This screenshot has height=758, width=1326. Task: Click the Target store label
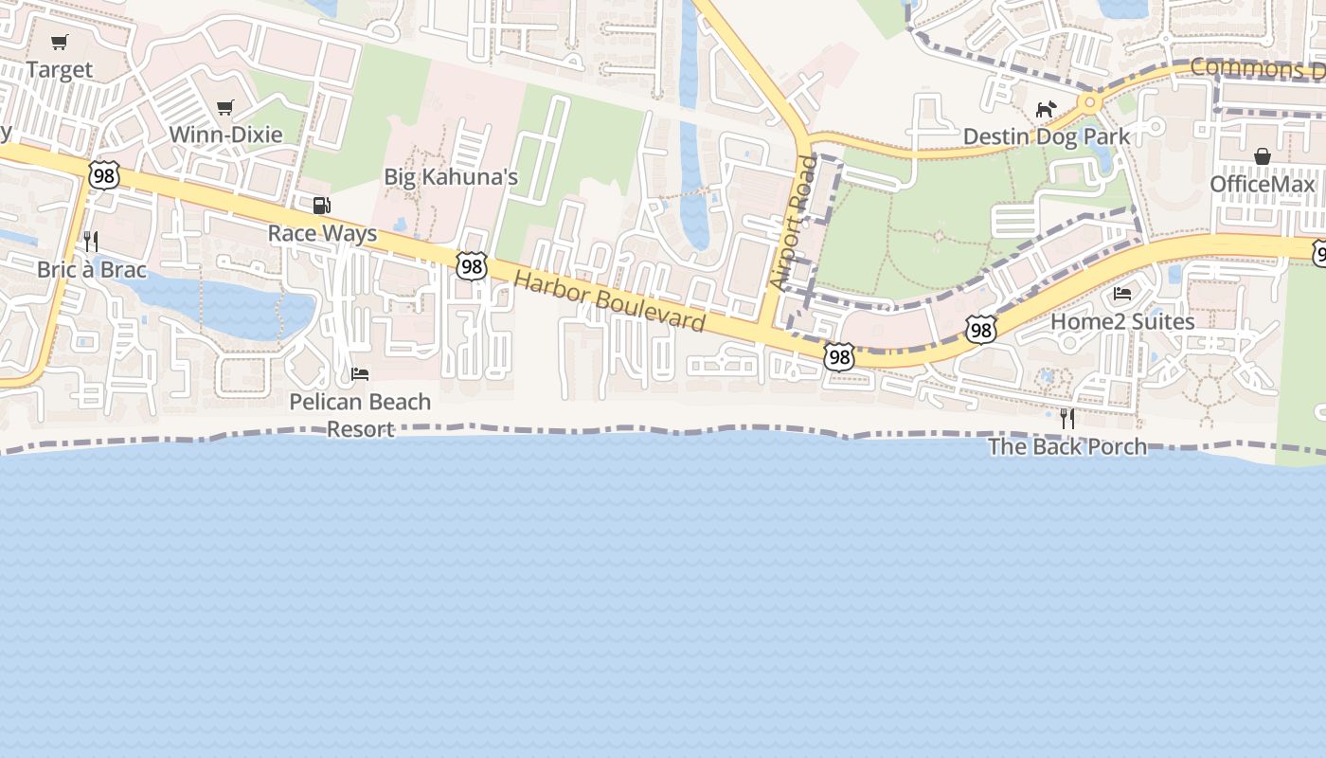pos(59,69)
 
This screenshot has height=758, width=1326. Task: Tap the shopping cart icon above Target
pos(60,42)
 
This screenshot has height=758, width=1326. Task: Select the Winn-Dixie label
pos(225,134)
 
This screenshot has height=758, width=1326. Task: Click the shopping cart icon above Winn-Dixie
pos(224,107)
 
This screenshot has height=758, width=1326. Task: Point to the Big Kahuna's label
pos(451,177)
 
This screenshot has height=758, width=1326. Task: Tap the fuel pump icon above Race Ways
pos(322,206)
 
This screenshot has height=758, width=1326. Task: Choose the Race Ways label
pos(322,233)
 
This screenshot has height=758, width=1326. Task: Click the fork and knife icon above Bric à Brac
pos(91,242)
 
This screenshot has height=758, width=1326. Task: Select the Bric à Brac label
pos(92,270)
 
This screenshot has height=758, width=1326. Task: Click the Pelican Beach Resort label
pos(360,415)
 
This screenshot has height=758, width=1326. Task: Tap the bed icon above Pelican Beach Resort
pos(360,373)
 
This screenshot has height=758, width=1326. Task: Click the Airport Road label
pos(793,223)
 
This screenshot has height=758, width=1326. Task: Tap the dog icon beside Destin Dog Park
pos(1046,110)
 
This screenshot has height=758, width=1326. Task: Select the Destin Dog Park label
pos(1047,136)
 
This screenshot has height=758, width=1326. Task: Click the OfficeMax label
pos(1263,184)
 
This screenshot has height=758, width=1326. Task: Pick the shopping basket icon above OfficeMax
pos(1263,156)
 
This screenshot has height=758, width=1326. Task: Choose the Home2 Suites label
pos(1122,321)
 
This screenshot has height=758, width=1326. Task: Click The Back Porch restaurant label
pos(1067,446)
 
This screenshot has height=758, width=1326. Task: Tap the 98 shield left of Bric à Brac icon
pos(105,174)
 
